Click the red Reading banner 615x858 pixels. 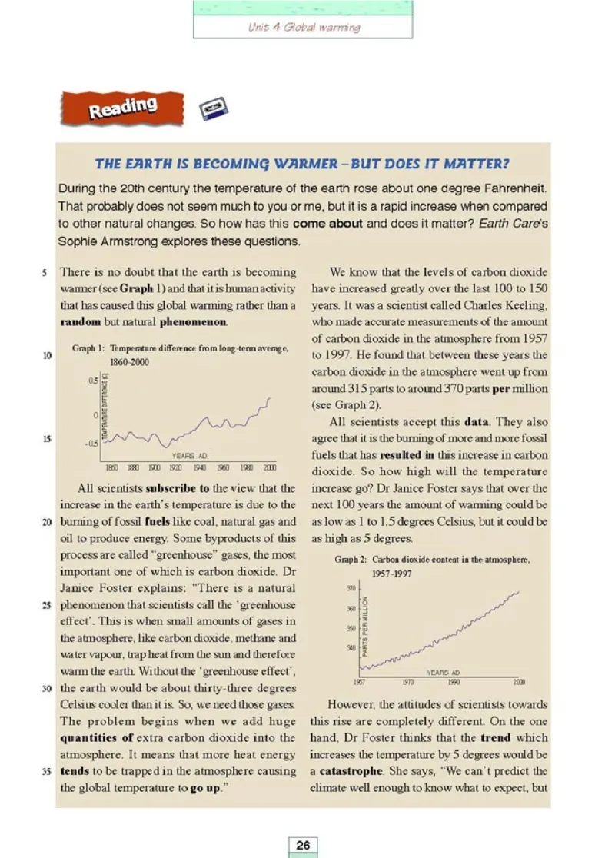(123, 108)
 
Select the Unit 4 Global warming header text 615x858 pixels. (304, 27)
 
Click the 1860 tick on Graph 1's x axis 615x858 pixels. (111, 467)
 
